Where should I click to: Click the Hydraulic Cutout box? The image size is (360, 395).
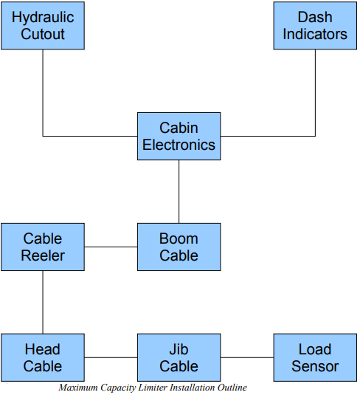(x=43, y=26)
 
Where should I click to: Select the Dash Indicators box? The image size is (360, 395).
(x=315, y=26)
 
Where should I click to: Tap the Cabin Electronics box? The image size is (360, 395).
(x=179, y=137)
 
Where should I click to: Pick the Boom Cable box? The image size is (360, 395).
(x=179, y=247)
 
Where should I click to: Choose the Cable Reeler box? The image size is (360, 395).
(x=43, y=247)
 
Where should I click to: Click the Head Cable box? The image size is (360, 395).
(x=43, y=357)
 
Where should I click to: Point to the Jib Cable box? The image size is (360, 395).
(x=179, y=357)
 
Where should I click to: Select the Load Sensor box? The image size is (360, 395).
(x=315, y=357)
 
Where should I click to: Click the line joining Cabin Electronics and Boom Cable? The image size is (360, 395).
(x=179, y=192)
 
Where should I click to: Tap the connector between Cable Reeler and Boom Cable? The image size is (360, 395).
(x=111, y=247)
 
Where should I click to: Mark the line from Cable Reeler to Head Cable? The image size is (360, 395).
(x=43, y=302)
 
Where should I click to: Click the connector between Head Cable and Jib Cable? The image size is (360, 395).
(x=111, y=357)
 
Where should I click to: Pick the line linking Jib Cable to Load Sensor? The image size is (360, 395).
(x=247, y=357)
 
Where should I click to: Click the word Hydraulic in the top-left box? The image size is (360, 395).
(x=43, y=18)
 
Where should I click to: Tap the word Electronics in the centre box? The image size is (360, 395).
(x=179, y=145)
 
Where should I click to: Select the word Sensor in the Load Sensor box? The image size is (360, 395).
(x=315, y=366)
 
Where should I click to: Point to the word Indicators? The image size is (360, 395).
(x=315, y=34)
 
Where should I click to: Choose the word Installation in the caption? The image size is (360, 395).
(x=192, y=388)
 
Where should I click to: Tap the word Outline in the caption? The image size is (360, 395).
(x=232, y=388)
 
